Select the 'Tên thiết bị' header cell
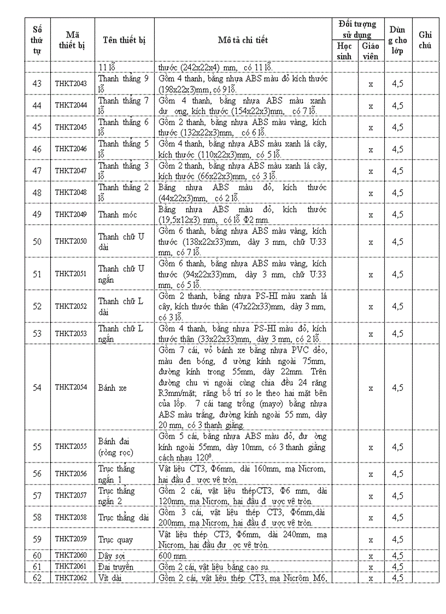pyautogui.click(x=124, y=40)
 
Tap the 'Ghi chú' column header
pyautogui.click(x=425, y=40)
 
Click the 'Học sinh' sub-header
pyautogui.click(x=344, y=50)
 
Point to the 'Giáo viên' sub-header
pyautogui.click(x=371, y=50)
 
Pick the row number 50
pyautogui.click(x=37, y=241)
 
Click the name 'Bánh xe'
pyautogui.click(x=112, y=388)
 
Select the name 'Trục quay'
pyautogui.click(x=115, y=540)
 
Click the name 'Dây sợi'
pyautogui.click(x=111, y=555)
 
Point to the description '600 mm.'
pyautogui.click(x=174, y=555)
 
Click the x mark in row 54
pyautogui.click(x=371, y=388)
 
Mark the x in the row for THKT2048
pyautogui.click(x=371, y=192)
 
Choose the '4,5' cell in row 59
pyautogui.click(x=397, y=540)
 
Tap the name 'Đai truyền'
pyautogui.click(x=115, y=566)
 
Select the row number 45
pyautogui.click(x=37, y=127)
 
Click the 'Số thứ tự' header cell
pyautogui.click(x=37, y=40)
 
